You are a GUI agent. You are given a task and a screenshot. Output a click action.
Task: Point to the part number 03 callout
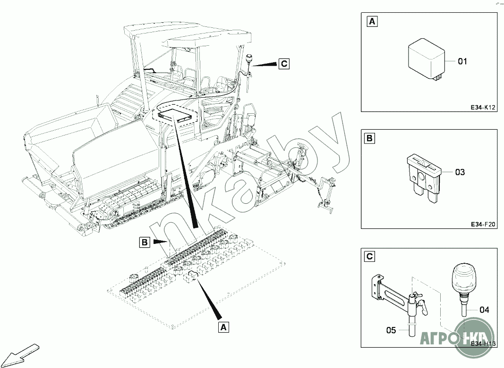point(460,172)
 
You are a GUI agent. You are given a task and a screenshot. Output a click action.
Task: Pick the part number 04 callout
point(484,310)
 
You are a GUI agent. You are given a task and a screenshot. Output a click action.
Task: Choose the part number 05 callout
point(391,330)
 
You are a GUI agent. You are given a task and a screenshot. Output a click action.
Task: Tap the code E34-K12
point(482,108)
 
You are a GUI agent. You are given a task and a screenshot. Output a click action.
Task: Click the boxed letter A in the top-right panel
point(372,22)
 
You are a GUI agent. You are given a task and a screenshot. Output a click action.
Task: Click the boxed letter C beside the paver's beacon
point(283,63)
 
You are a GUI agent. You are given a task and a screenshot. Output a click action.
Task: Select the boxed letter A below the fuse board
point(223,326)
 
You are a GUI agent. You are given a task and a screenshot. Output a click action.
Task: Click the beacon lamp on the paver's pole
point(249,59)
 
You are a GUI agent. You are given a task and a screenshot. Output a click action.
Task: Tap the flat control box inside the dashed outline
point(176,115)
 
